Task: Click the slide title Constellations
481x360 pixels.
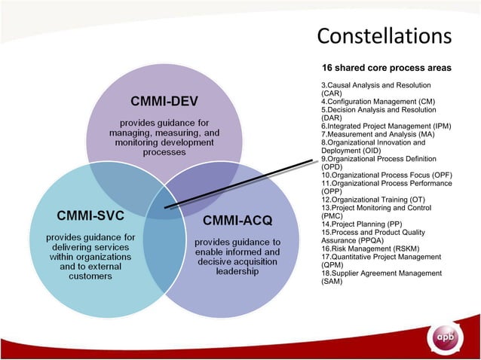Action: [384, 35]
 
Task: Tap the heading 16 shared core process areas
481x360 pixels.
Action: [387, 68]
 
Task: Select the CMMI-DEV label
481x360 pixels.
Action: [164, 102]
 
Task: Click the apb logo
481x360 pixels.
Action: [446, 338]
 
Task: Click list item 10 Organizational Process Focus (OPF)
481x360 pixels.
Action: [386, 175]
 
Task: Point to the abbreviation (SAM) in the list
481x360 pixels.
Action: [332, 281]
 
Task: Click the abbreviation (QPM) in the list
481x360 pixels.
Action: [332, 264]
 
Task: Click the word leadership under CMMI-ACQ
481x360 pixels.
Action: [237, 271]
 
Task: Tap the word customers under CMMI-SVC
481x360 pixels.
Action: [90, 276]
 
